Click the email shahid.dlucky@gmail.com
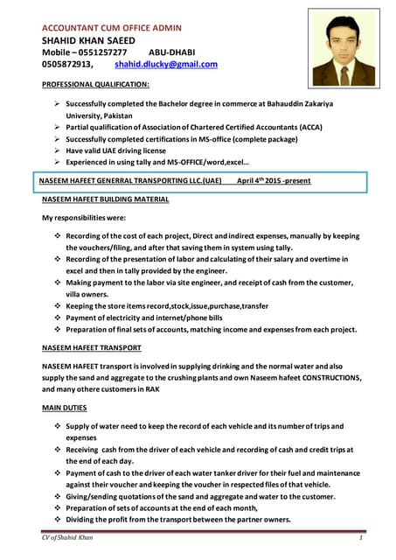click(x=166, y=64)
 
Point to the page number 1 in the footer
click(x=359, y=536)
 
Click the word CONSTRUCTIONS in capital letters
click(x=323, y=377)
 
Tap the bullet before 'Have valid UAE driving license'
click(x=57, y=150)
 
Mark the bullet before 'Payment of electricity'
click(x=57, y=318)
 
